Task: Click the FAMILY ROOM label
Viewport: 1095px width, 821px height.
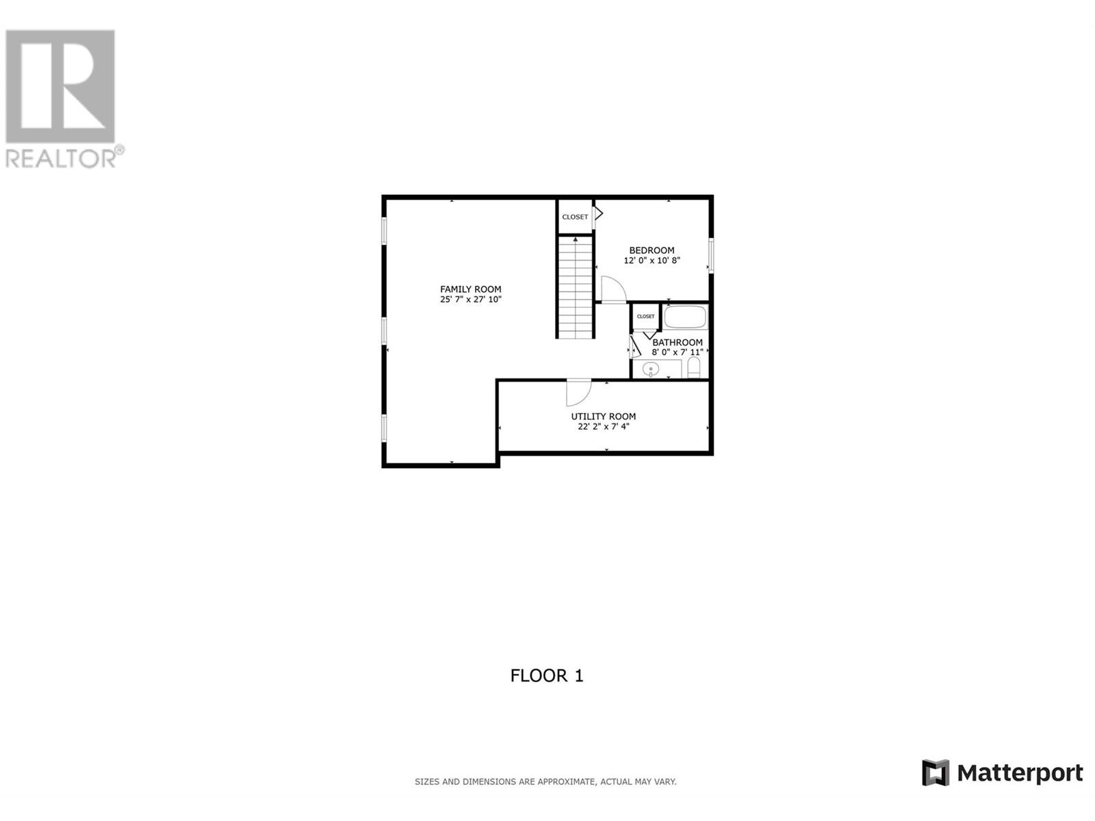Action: click(470, 289)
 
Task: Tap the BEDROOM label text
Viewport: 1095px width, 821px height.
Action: click(652, 250)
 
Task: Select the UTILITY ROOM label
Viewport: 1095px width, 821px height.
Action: click(603, 416)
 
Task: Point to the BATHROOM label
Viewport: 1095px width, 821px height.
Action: click(677, 343)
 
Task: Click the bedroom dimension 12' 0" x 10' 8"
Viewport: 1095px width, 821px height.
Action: click(652, 260)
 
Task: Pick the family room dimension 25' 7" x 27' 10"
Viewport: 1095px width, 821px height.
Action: click(470, 300)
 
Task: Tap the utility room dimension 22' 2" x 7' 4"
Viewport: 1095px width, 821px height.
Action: click(603, 427)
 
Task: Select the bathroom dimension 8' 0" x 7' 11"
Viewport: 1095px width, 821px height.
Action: click(677, 352)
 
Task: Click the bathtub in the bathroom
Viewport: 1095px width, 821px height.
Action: click(686, 317)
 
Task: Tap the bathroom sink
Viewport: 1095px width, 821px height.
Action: click(651, 369)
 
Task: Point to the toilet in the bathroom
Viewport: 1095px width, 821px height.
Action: click(694, 367)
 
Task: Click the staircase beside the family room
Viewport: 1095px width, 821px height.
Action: click(575, 287)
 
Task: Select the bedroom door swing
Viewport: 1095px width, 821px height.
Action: click(614, 289)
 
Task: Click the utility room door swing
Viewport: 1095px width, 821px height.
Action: click(579, 392)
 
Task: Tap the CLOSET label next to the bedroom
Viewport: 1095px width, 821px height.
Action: click(575, 217)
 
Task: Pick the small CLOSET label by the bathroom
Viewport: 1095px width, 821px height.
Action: click(645, 317)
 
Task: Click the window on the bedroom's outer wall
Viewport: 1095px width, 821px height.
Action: click(711, 255)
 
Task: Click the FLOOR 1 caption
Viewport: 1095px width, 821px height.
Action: click(547, 675)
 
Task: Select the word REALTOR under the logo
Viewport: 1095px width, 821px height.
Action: click(61, 159)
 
